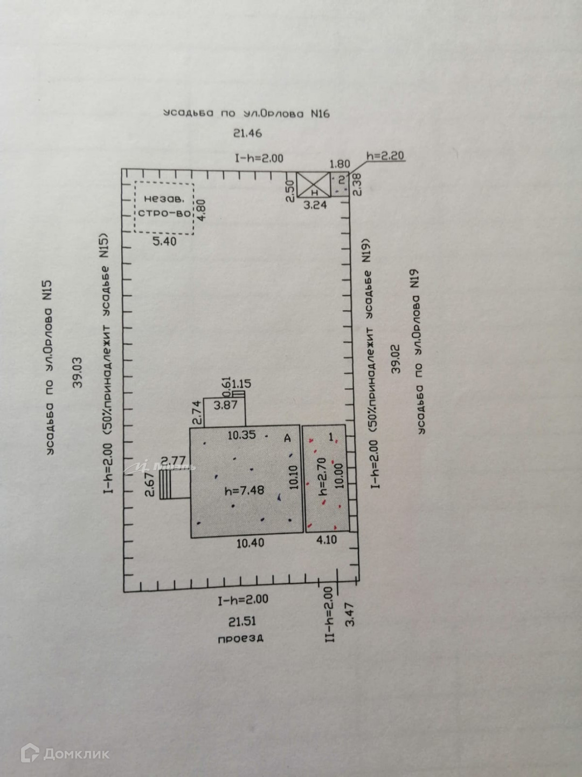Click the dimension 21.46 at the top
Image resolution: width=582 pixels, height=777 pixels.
(x=247, y=133)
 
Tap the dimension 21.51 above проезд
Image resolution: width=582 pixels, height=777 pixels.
(x=242, y=621)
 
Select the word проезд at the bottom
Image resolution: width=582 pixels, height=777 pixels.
(x=240, y=638)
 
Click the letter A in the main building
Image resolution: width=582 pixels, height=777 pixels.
(x=287, y=438)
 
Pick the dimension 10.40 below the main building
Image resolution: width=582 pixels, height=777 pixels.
(x=250, y=543)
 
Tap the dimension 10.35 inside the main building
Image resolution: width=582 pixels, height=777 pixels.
(x=241, y=435)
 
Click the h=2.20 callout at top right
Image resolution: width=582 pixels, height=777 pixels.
(x=385, y=156)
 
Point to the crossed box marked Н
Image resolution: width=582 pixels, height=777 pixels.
(x=313, y=185)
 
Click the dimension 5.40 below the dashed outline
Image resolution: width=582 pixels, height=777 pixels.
(x=164, y=241)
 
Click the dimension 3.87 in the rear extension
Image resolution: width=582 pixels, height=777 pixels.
(x=225, y=405)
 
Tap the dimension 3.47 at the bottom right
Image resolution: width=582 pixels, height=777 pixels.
(x=350, y=615)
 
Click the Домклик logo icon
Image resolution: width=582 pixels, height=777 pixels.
(x=30, y=753)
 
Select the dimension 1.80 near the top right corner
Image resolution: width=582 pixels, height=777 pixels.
(x=339, y=164)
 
